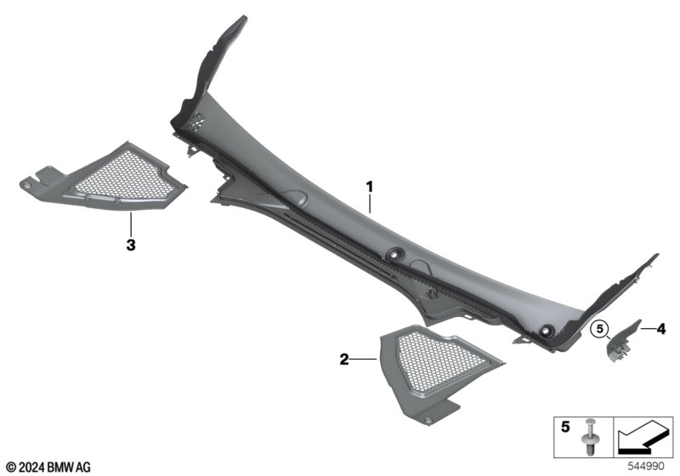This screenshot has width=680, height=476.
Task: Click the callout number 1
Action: coord(369,187)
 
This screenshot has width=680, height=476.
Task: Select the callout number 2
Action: coord(344,360)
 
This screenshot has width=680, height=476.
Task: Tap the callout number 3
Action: coord(131,245)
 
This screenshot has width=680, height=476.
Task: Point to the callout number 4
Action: coord(660,330)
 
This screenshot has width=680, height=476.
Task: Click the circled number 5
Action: coord(599,329)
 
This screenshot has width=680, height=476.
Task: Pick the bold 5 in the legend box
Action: coord(565,427)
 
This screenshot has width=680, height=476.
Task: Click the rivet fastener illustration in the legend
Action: coord(588,437)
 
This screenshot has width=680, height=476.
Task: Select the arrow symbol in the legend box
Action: coord(643,438)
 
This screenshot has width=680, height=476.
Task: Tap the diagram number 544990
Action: coord(646,467)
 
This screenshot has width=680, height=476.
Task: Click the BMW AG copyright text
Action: coord(49,467)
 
